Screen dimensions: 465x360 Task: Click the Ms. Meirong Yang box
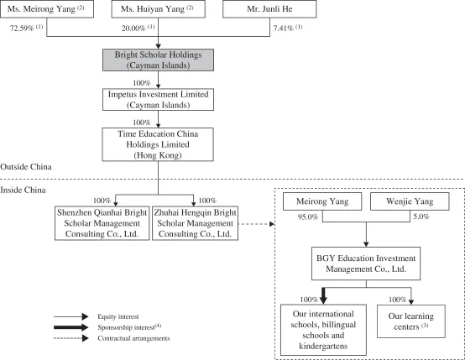click(47, 9)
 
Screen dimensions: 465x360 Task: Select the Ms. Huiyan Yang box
click(158, 9)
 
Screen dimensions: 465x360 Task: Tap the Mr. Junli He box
click(269, 9)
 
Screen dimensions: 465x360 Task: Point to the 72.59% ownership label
click(26, 28)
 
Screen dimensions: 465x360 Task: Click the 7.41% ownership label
click(288, 28)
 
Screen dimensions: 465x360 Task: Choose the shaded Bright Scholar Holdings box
click(158, 60)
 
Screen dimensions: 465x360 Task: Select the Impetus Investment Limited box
click(158, 100)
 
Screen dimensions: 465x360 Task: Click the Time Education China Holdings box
click(158, 144)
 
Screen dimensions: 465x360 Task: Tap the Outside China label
click(26, 167)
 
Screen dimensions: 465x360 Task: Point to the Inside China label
click(23, 190)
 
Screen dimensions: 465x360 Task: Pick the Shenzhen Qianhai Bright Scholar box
click(102, 223)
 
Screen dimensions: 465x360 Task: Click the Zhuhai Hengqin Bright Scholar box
click(195, 223)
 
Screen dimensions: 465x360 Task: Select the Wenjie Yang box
click(410, 201)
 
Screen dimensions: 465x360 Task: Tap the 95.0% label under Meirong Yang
click(308, 217)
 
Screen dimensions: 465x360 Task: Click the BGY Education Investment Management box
click(366, 263)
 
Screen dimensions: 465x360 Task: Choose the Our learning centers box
click(411, 321)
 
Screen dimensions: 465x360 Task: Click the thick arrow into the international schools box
click(323, 295)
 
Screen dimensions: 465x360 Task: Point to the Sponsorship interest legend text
click(129, 327)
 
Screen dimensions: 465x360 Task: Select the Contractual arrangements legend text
click(133, 338)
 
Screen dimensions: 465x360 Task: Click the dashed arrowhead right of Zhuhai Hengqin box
click(272, 224)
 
